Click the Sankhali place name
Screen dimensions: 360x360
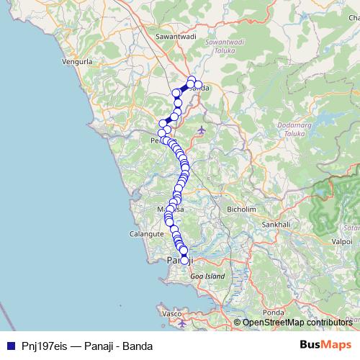(x=276, y=224)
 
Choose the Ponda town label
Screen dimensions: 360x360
(x=274, y=312)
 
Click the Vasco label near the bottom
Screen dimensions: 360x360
(x=172, y=314)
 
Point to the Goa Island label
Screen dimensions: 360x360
(x=207, y=276)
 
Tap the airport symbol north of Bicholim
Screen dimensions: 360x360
(x=200, y=130)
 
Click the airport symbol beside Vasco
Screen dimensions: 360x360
(x=182, y=323)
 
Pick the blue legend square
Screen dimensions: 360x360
(x=11, y=346)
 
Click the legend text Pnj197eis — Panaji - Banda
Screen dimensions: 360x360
(x=86, y=346)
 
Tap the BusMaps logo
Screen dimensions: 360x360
(x=325, y=345)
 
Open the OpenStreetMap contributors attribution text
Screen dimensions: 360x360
(x=297, y=323)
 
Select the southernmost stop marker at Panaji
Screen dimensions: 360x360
(x=184, y=261)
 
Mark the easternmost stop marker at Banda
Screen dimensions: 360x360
(x=199, y=85)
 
